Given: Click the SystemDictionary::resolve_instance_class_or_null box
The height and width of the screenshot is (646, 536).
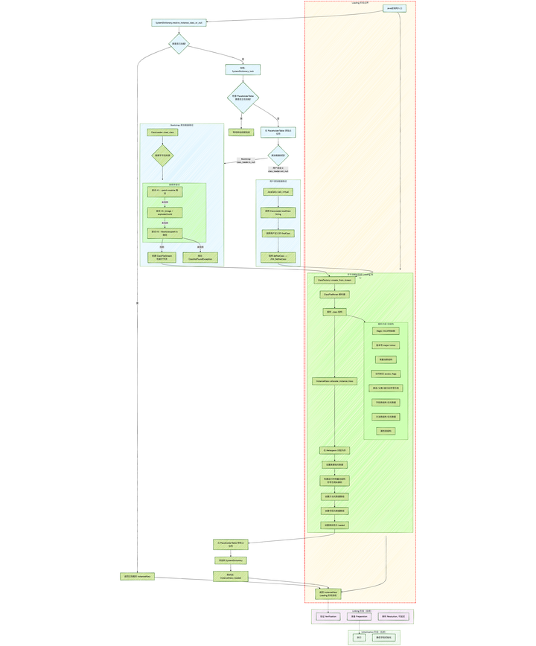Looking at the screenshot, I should click(179, 22).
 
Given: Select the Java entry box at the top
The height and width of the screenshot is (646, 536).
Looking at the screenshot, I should click(395, 8).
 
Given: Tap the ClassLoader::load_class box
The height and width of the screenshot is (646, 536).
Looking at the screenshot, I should click(162, 132).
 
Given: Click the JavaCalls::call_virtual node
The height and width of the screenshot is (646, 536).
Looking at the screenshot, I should click(278, 192).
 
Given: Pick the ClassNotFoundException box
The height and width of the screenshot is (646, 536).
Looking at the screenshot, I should click(200, 258).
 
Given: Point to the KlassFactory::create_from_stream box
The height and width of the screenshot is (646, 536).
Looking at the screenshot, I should click(334, 281).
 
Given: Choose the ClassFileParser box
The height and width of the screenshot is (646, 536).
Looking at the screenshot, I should click(334, 294).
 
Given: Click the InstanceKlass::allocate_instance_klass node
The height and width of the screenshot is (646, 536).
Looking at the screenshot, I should click(334, 381).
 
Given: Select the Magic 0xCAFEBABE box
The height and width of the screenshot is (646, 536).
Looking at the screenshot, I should click(386, 330).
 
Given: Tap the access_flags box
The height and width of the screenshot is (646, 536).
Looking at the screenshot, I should click(386, 374).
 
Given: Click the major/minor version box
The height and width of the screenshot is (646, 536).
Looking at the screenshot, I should click(386, 345).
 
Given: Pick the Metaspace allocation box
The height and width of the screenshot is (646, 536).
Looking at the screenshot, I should click(334, 450).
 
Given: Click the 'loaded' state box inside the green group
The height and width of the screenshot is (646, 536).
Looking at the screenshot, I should click(334, 525).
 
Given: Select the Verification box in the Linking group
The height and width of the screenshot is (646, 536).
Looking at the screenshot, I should click(328, 616).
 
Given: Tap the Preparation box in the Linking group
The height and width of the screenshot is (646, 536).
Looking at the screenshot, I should click(359, 616).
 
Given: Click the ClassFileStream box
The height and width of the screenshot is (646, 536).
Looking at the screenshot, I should click(162, 258).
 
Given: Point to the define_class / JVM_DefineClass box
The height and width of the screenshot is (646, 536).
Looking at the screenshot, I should click(278, 258).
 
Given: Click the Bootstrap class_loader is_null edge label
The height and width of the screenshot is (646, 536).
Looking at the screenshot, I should click(246, 160).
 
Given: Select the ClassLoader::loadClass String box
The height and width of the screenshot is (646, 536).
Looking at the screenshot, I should click(278, 213).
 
